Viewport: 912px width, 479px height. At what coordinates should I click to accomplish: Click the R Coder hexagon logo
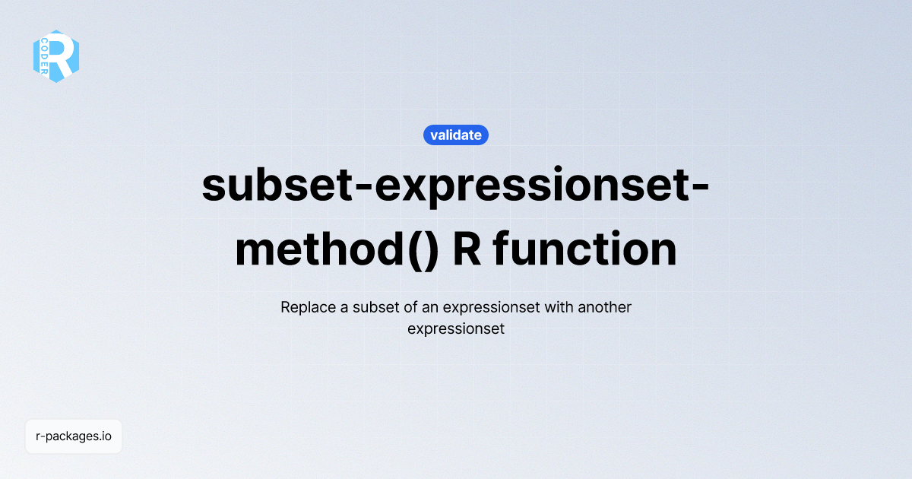(x=56, y=56)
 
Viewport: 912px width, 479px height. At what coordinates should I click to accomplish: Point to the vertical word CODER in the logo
(x=46, y=57)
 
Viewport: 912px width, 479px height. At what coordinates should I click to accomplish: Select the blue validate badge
(x=456, y=135)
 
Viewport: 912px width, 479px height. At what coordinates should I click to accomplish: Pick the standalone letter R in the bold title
(x=467, y=250)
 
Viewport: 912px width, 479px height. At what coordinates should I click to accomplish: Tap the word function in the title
(x=585, y=250)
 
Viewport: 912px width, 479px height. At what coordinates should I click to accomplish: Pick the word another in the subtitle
(x=605, y=308)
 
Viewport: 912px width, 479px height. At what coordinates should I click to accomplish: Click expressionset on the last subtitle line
(x=456, y=330)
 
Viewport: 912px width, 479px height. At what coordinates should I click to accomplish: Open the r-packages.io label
(x=74, y=436)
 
